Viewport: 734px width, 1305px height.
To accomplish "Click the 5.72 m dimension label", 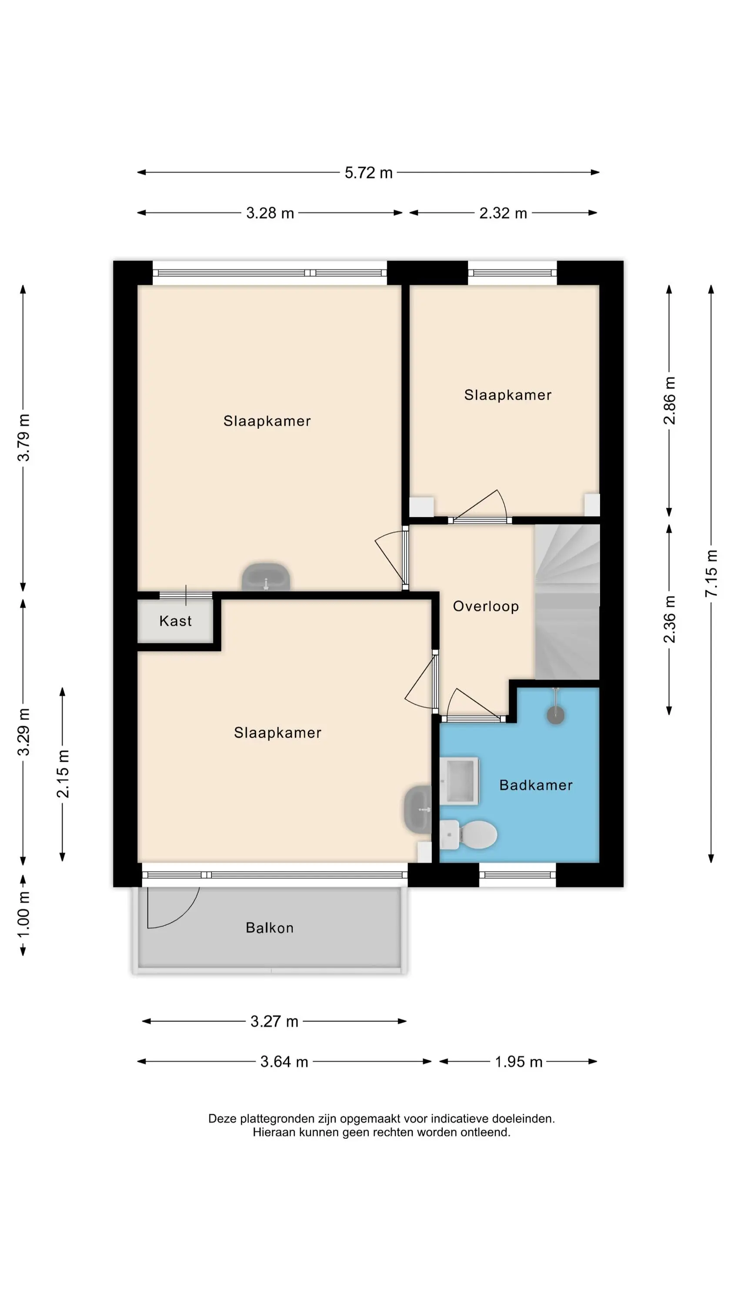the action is (x=368, y=173).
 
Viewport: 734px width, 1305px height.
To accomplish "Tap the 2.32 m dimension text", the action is (x=503, y=213).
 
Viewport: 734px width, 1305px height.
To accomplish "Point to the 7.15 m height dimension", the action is (x=711, y=572).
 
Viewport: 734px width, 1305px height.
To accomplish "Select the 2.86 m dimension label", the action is (x=669, y=400).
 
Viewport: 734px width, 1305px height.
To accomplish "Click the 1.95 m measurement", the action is (x=518, y=1061).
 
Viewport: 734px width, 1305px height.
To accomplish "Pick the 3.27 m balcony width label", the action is (x=274, y=1021).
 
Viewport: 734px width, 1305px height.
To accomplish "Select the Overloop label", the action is (x=486, y=606).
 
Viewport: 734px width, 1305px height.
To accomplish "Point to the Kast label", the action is (x=175, y=621).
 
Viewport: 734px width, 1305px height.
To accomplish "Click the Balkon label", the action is (x=270, y=928).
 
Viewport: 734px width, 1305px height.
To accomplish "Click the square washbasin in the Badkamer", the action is (x=459, y=781).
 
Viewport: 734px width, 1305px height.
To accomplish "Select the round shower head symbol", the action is (x=556, y=715).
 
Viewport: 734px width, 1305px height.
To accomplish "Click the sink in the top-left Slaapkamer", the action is (x=266, y=576).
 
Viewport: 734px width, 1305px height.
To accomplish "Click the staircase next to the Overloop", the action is (x=567, y=602).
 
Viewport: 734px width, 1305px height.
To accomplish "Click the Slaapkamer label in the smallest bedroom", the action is (x=507, y=395).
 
